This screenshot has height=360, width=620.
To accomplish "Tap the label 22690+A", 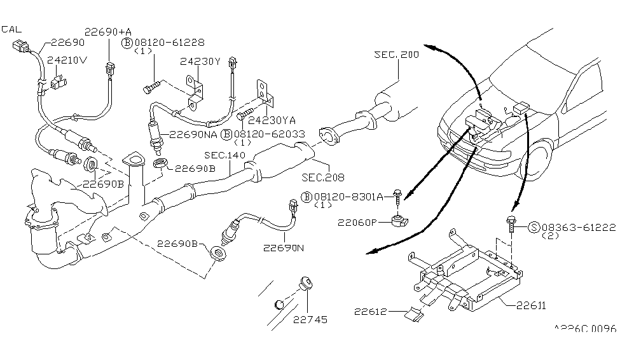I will [110, 31].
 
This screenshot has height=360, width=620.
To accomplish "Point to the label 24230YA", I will [272, 119].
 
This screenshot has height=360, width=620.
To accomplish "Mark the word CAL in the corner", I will [11, 29].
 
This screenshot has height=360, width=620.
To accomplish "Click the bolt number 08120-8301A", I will [352, 197].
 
